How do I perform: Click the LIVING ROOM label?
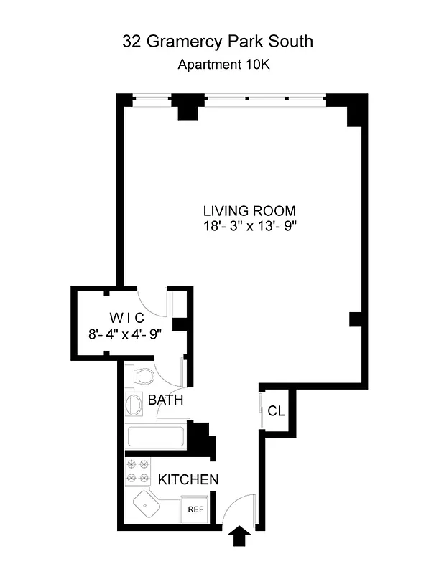[x=249, y=211]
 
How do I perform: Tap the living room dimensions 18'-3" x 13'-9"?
[x=249, y=226]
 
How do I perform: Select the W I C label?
[x=127, y=318]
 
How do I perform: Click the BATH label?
[x=165, y=400]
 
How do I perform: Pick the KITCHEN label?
[x=188, y=479]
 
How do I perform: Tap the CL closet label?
[x=276, y=411]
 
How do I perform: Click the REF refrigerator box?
[x=195, y=509]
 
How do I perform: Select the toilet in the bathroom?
[x=141, y=376]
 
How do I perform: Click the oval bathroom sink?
[x=134, y=405]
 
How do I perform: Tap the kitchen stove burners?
[x=137, y=471]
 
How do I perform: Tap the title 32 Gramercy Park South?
[x=218, y=42]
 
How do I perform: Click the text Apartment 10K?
[x=223, y=65]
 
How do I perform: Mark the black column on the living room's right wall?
[x=354, y=319]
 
